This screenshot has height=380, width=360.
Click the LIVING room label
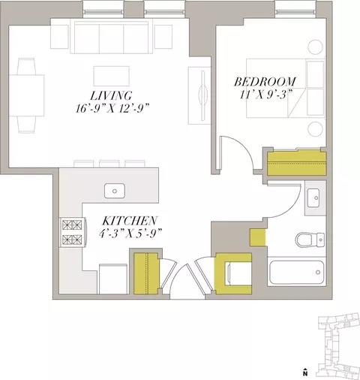111,96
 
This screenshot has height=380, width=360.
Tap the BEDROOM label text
265,82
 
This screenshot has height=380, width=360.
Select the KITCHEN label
130,221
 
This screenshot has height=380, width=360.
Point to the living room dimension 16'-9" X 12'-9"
112,109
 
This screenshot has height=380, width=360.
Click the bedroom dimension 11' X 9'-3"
266,95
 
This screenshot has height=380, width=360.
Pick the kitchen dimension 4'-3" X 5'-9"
130,234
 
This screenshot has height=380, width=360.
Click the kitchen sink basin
115,191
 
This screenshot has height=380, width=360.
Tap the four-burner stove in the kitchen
73,232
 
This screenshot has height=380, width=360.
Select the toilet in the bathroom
310,240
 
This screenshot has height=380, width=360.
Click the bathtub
296,272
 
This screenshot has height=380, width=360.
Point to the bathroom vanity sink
313,198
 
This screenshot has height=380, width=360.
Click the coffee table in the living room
112,76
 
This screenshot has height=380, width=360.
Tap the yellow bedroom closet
297,163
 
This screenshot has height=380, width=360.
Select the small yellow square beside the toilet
258,237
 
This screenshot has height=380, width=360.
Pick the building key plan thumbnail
338,345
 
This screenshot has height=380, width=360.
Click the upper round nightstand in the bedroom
315,47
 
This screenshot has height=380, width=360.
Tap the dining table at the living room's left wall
27,95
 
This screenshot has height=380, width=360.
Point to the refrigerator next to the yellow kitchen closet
113,279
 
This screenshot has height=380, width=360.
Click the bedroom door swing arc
246,148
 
